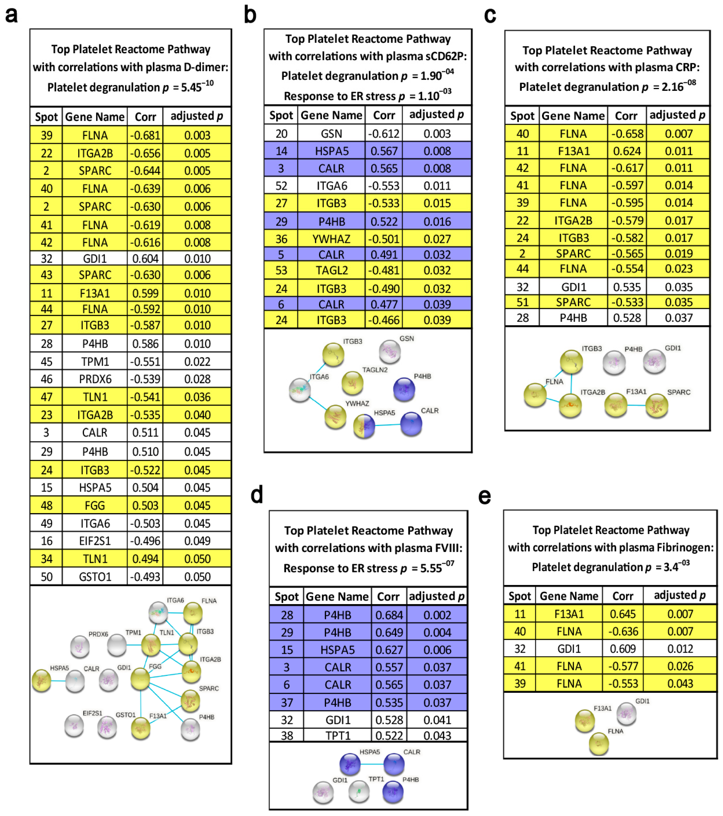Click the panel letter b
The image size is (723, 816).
(250, 15)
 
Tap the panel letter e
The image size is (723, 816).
(485, 496)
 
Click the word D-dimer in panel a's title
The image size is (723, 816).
(206, 67)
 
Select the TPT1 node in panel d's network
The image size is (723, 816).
(359, 791)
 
